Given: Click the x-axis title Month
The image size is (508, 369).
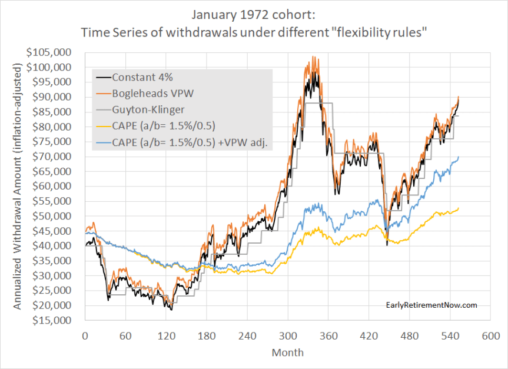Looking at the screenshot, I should point(288,353).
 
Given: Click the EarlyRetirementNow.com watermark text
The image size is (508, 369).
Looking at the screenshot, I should point(431,305).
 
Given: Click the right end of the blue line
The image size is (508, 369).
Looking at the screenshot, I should point(459,157).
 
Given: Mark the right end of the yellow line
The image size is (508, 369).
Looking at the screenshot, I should point(459,208).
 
